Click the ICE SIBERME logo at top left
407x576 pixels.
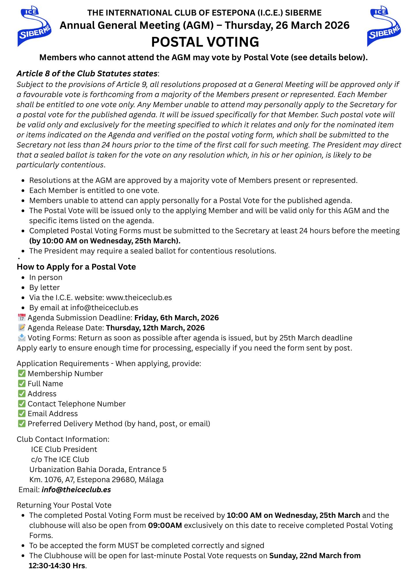point(34,26)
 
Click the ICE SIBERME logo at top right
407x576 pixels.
point(384,26)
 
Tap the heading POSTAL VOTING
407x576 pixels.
point(205,42)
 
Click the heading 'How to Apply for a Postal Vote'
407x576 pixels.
point(76,267)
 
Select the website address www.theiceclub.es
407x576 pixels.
point(139,298)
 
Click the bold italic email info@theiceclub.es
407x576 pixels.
point(76,490)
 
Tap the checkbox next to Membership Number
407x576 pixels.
point(22,374)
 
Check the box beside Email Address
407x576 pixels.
point(22,414)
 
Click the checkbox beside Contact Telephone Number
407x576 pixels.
point(22,404)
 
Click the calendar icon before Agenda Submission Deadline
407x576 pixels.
point(22,318)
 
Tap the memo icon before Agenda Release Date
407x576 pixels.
point(22,328)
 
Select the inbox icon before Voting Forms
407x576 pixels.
point(22,338)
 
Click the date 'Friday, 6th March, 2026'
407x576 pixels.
point(176,318)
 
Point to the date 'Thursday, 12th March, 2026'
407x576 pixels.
point(155,328)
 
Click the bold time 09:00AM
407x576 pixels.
point(165,525)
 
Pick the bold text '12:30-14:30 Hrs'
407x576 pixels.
point(57,566)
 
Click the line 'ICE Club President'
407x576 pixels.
point(64,449)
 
